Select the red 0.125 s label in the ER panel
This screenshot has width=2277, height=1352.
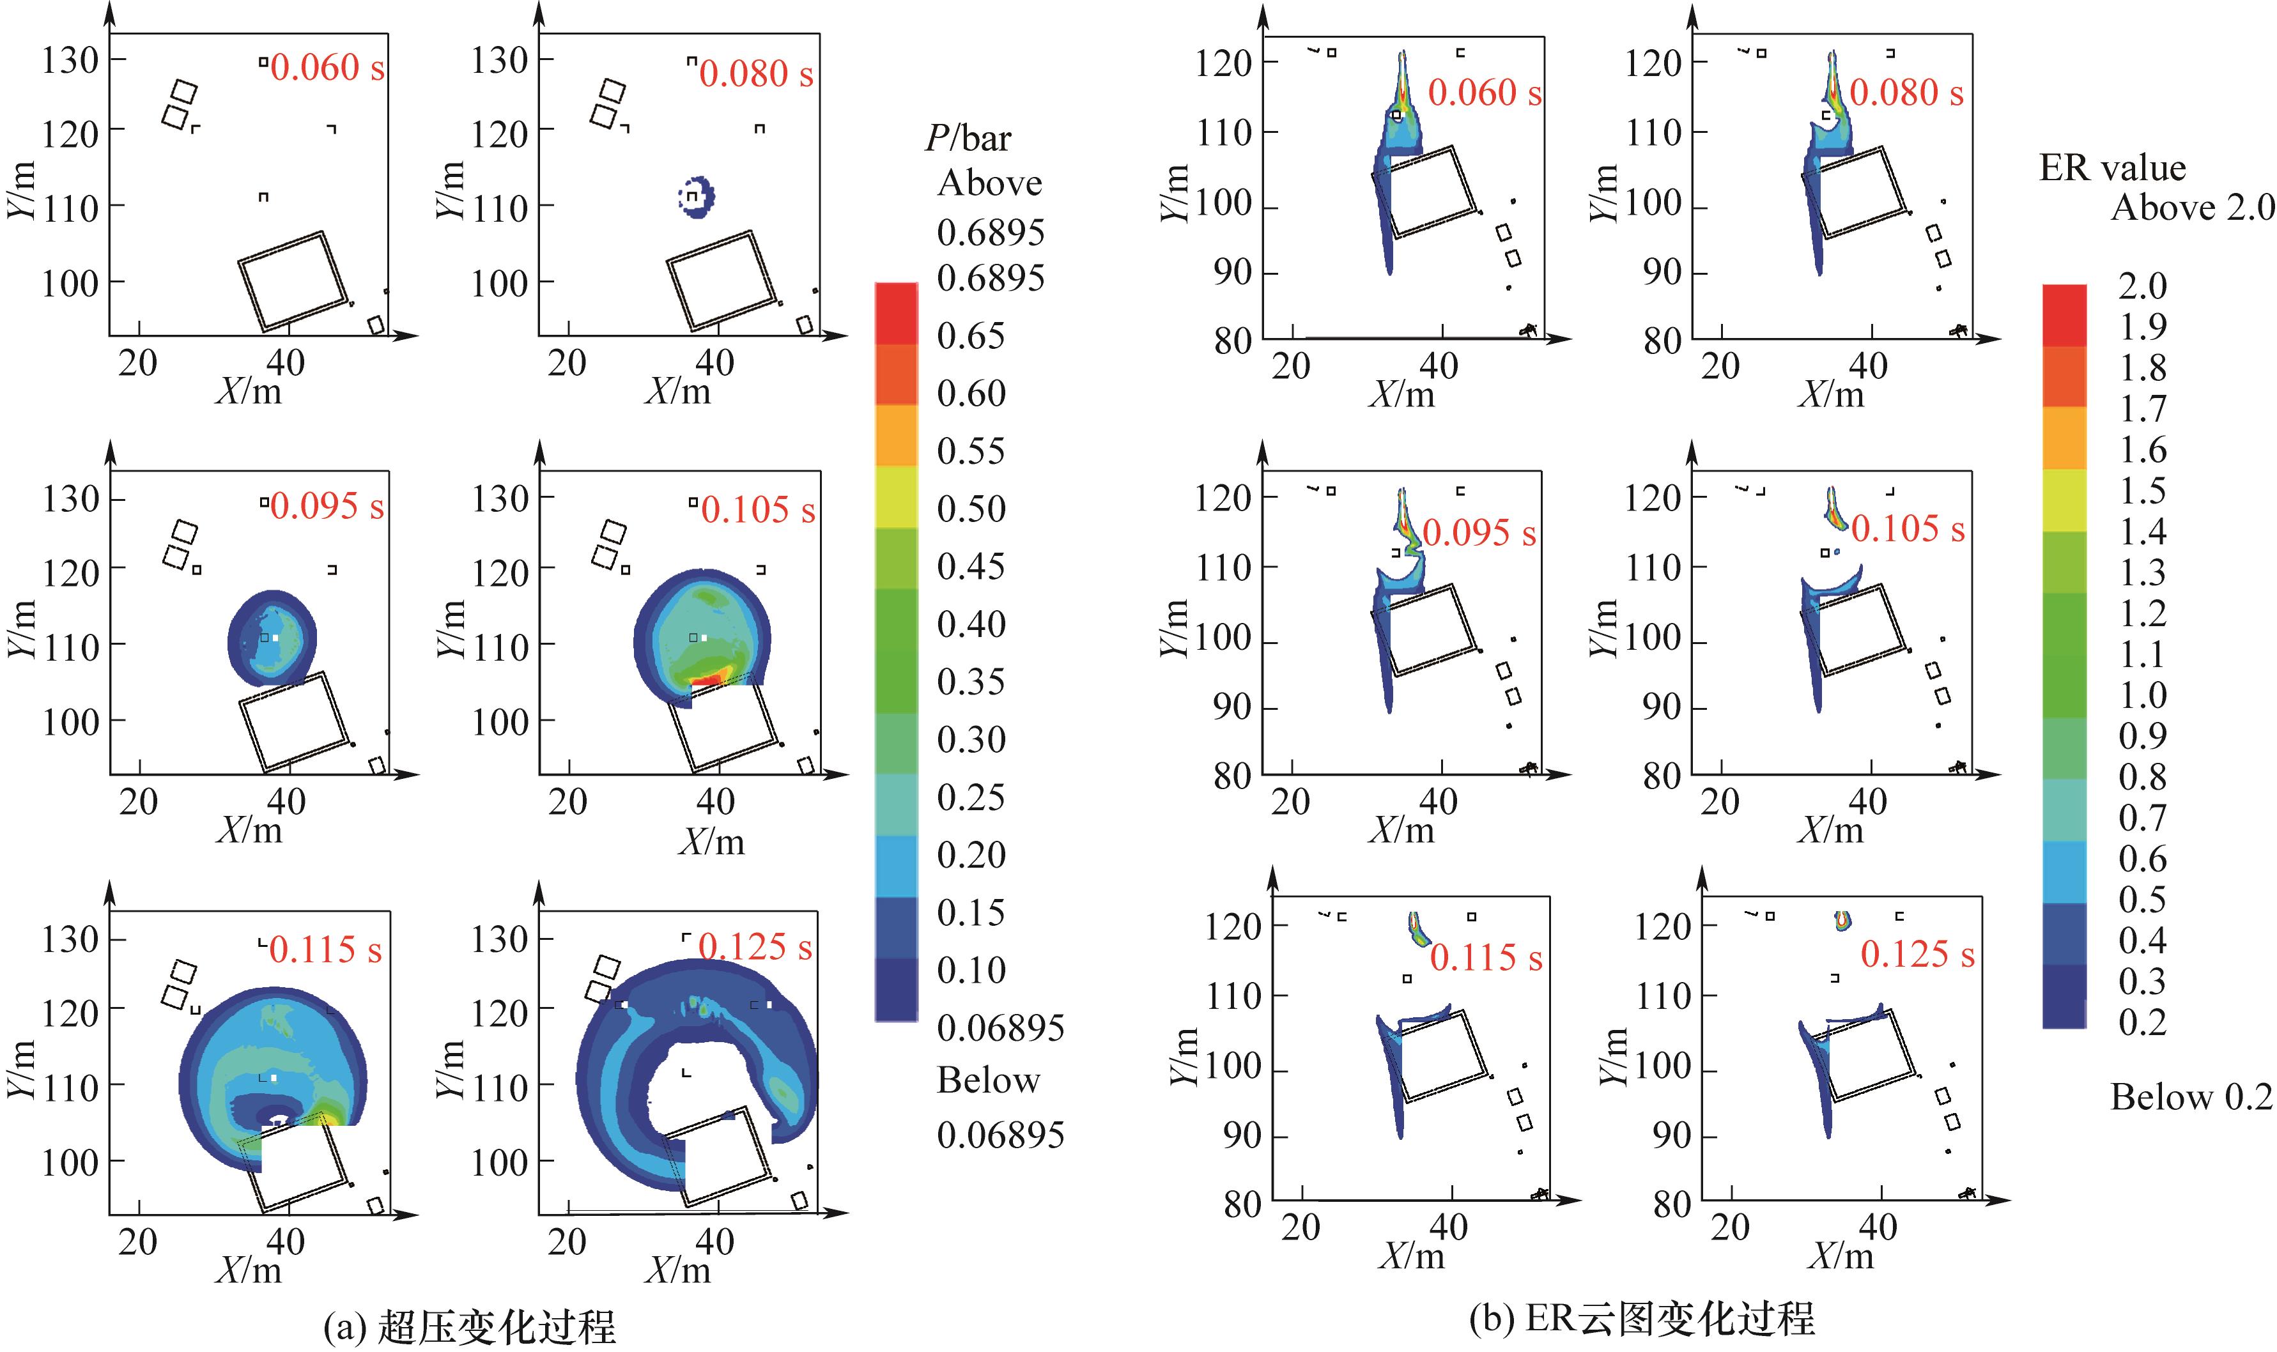pyautogui.click(x=1917, y=954)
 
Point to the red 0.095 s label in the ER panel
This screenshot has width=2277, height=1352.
pyautogui.click(x=1479, y=533)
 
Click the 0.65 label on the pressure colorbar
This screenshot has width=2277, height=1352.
pyautogui.click(x=970, y=335)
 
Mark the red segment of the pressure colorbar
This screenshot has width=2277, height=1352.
pyautogui.click(x=896, y=312)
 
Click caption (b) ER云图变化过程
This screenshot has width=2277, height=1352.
pyautogui.click(x=1642, y=1317)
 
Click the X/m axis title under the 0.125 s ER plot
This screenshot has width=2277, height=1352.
pyautogui.click(x=1841, y=1256)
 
